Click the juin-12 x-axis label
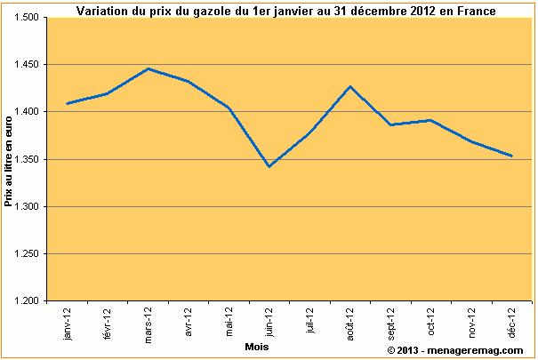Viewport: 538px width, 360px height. [268, 324]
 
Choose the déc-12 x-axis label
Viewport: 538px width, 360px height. [511, 324]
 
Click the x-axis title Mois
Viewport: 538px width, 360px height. [258, 348]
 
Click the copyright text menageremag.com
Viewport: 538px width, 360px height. [455, 351]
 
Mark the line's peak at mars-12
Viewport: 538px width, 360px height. [148, 68]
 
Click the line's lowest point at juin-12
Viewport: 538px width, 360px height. [268, 166]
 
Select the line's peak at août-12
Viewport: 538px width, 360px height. [349, 86]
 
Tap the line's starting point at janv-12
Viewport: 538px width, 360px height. [68, 104]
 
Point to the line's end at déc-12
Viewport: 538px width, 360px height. [511, 156]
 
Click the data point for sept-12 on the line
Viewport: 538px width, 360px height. [389, 125]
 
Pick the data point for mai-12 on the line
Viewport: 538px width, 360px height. [229, 108]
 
